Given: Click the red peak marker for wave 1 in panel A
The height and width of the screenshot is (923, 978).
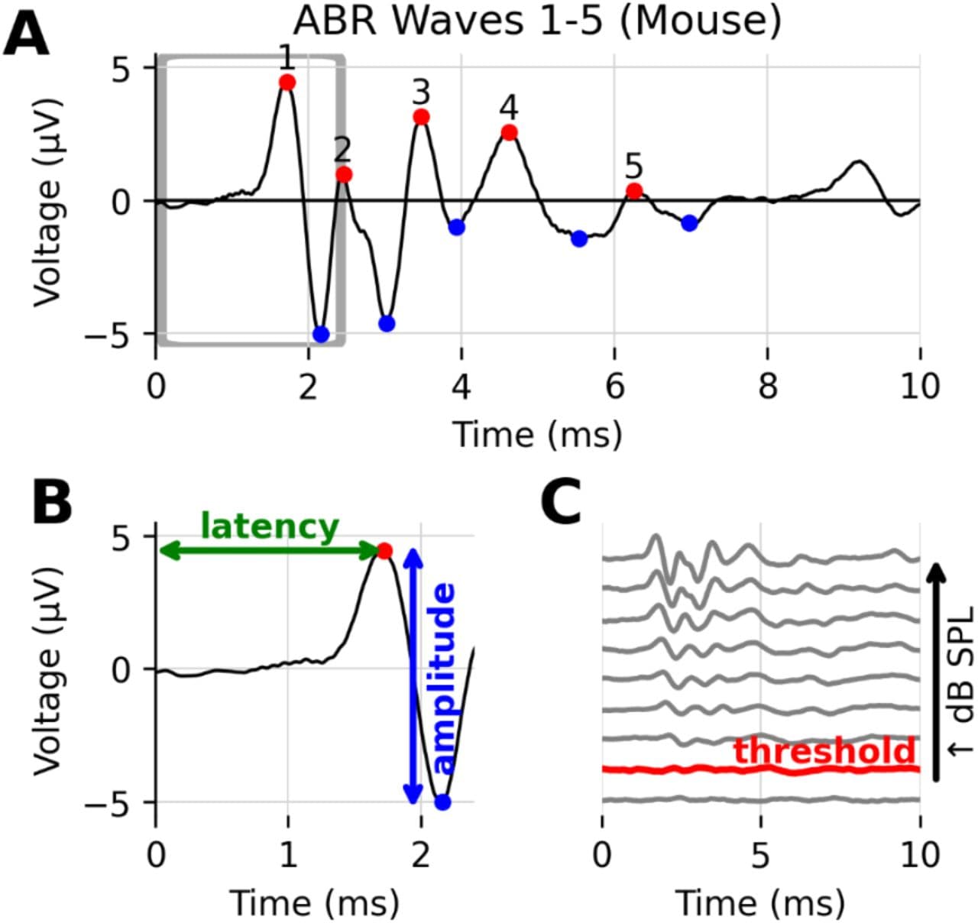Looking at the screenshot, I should click(287, 83).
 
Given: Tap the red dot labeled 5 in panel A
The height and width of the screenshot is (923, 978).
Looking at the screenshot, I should click(633, 191).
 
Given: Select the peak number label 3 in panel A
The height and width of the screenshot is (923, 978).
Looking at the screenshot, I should click(421, 92).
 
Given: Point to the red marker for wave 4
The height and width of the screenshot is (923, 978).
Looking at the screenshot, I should click(510, 132).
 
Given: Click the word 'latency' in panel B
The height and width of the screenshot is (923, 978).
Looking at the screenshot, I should click(269, 526).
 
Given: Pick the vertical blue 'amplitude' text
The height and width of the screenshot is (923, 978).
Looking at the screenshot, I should click(443, 678).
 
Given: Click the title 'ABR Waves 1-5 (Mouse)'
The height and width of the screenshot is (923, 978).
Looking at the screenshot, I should click(537, 21).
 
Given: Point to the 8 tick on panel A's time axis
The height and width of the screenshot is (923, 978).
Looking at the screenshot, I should click(767, 386).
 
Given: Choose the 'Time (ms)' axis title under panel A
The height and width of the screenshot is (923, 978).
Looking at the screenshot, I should click(537, 434).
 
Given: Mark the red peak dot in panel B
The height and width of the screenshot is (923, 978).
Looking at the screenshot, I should click(384, 551).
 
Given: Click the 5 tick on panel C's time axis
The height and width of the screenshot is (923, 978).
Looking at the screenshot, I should click(760, 853).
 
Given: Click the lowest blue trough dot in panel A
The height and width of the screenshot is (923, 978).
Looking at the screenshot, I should click(321, 334).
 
